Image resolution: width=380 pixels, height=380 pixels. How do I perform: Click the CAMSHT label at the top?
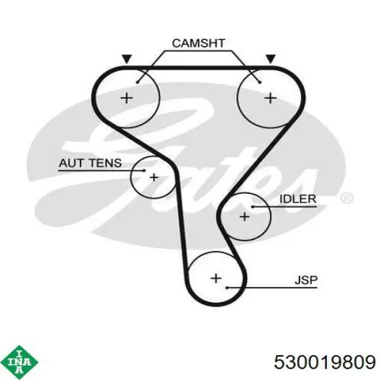coord(198,43)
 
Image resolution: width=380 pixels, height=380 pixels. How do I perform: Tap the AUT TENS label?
coord(90,163)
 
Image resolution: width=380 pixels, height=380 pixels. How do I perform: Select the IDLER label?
coord(298,199)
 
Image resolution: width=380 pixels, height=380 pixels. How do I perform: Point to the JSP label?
coord(306,280)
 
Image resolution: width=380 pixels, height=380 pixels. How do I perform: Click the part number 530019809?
coord(325,362)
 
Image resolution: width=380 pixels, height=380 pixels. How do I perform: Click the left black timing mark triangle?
coord(127,59)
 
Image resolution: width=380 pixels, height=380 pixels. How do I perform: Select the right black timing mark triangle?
coord(270,59)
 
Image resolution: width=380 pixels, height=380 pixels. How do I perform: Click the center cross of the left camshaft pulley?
coord(127,98)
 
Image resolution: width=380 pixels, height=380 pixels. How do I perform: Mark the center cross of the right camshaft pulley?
coord(270,98)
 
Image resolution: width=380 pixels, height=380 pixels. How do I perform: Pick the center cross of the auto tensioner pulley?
coord(154,177)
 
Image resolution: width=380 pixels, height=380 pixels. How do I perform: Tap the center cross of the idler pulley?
coord(244,217)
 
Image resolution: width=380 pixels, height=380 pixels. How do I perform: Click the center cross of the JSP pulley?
coord(216,278)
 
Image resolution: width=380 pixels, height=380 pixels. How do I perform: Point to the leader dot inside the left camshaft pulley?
coord(137,82)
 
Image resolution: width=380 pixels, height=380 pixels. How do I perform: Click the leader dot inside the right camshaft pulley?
coord(260,82)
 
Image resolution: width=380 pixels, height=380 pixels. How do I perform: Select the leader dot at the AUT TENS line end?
coord(144,170)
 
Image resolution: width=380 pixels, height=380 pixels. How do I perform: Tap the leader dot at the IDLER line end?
coord(252,206)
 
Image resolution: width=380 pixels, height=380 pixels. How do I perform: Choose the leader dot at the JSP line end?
coord(227,288)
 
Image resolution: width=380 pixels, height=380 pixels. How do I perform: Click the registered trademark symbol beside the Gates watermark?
coord(347,198)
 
